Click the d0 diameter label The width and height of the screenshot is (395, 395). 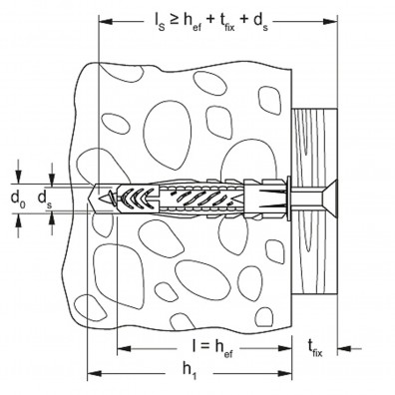click(x=18, y=198)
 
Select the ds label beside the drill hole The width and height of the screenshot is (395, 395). click(x=45, y=198)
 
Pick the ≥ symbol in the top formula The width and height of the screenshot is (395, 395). click(x=175, y=20)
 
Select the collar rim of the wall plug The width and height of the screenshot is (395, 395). click(x=288, y=197)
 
